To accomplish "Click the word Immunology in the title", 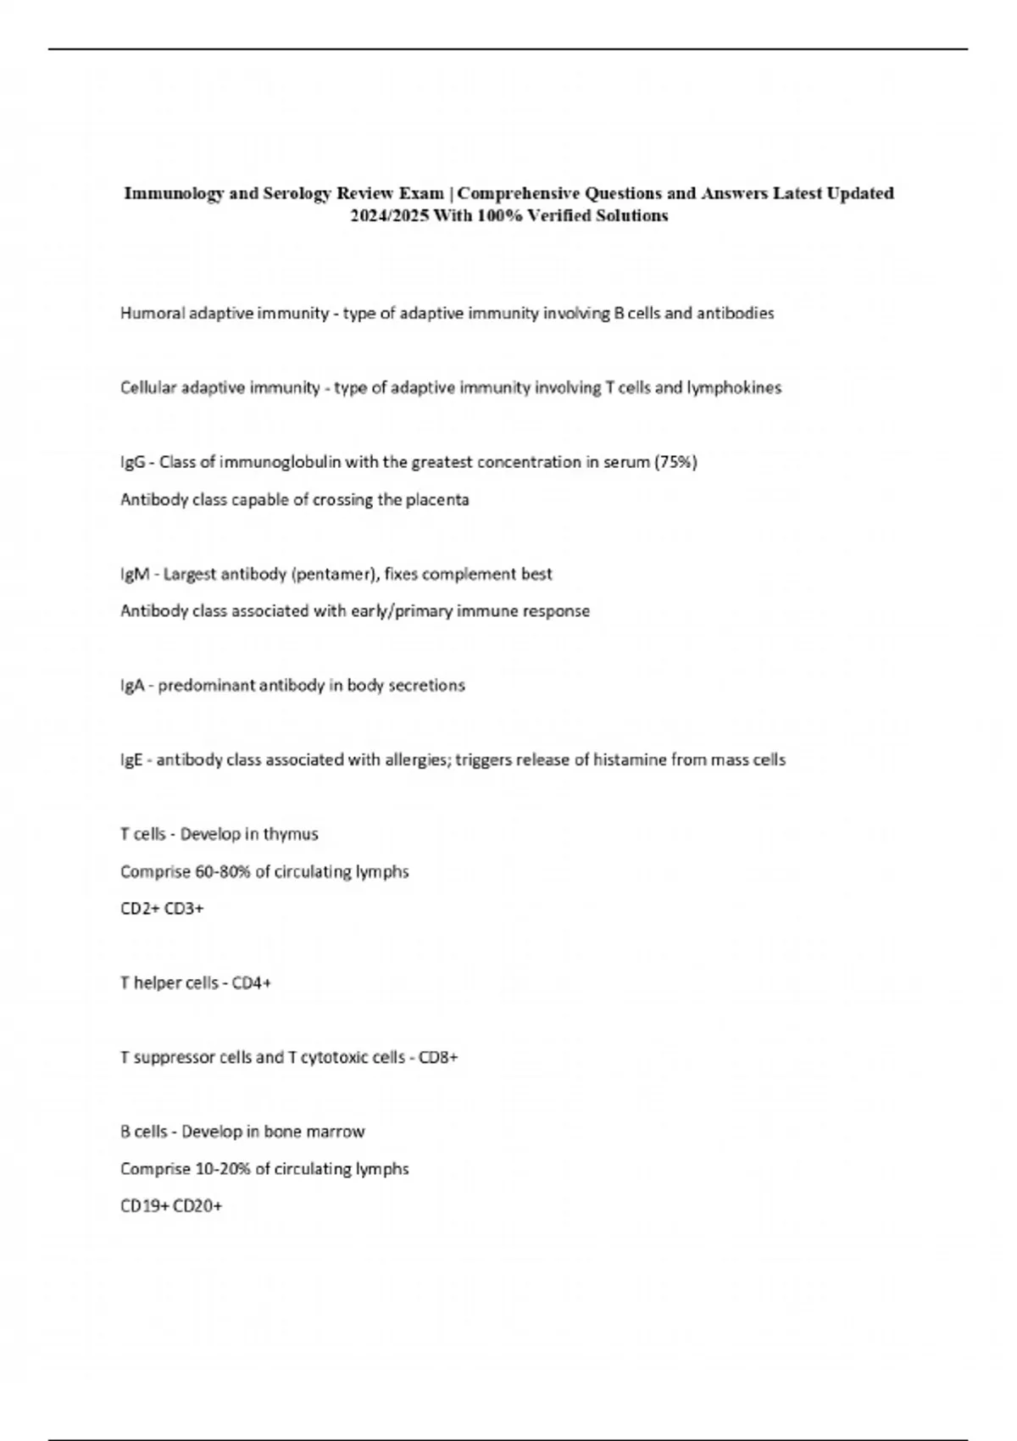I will click(175, 193).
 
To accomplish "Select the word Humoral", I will click(153, 314).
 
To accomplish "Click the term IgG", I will click(133, 463).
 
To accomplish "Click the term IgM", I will click(135, 575).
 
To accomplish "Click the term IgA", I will click(132, 686).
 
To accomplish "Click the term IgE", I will click(131, 760).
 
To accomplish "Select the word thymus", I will click(291, 835).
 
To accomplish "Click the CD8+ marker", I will click(438, 1058).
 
